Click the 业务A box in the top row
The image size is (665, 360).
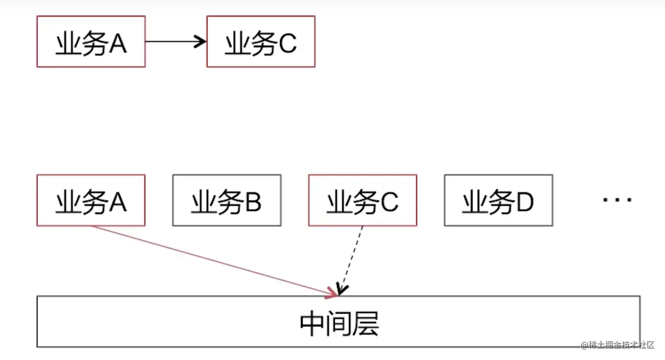[91, 41]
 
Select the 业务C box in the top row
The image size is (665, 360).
[261, 41]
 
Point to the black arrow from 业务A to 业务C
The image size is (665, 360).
[175, 42]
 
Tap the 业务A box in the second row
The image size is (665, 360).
[91, 200]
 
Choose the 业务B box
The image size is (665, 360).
[227, 200]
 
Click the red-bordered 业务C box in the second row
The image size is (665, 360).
[362, 200]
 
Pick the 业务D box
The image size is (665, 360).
[498, 200]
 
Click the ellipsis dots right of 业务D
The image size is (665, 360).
[617, 199]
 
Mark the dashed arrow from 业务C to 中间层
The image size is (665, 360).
[351, 260]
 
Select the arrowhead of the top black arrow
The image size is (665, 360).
[201, 42]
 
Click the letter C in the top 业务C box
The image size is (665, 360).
[286, 43]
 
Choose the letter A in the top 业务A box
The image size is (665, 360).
[117, 43]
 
